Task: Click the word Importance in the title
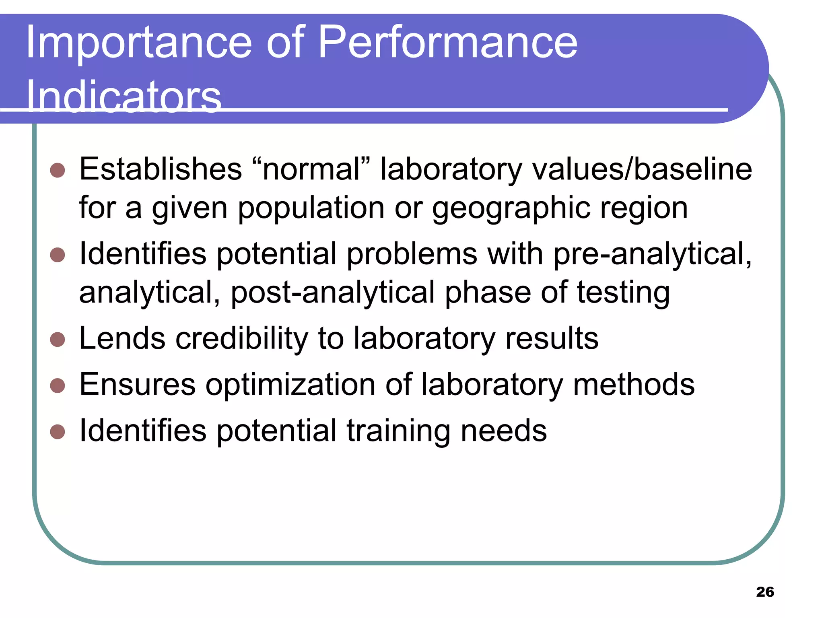(x=139, y=43)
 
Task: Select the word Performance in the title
(x=448, y=43)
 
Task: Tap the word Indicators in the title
(x=124, y=97)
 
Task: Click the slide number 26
(x=765, y=592)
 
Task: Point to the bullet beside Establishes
(x=58, y=170)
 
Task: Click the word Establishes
(x=161, y=169)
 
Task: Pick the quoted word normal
(x=311, y=169)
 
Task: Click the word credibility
(x=242, y=338)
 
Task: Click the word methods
(x=634, y=385)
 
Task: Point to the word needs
(x=504, y=431)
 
